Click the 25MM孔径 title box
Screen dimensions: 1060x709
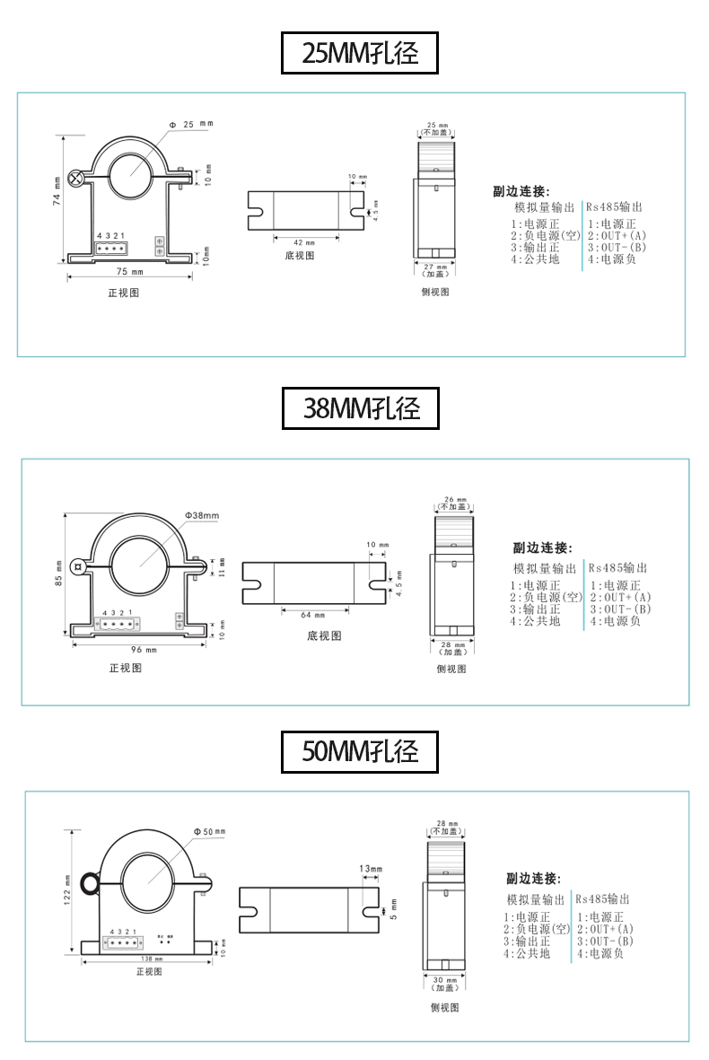[360, 54]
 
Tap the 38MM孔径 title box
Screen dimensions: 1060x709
[360, 409]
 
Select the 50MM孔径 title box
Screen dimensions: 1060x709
[360, 751]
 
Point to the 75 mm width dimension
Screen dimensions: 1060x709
[130, 271]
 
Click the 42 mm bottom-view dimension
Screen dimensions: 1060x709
[304, 242]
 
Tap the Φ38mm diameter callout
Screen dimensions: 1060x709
[203, 515]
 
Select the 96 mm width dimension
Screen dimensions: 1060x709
[144, 649]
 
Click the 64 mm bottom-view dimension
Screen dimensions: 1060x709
[312, 615]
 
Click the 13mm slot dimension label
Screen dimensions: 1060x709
[371, 869]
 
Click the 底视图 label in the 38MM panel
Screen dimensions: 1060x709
[324, 635]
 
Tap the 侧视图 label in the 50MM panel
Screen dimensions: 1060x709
[445, 1008]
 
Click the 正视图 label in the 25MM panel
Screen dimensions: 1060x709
[124, 293]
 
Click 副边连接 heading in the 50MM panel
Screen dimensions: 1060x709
[533, 878]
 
